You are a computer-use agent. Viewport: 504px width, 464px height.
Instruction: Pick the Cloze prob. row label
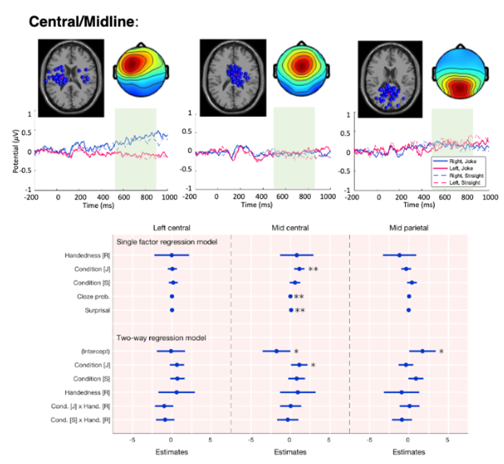pyautogui.click(x=94, y=296)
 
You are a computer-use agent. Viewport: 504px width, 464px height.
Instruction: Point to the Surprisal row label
pyautogui.click(x=98, y=310)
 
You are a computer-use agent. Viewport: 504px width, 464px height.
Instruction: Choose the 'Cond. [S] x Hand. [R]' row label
pyautogui.click(x=80, y=420)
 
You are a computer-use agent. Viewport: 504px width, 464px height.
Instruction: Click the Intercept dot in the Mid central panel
pyautogui.click(x=277, y=351)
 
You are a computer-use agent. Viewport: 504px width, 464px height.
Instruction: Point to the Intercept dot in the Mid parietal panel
pyautogui.click(x=422, y=351)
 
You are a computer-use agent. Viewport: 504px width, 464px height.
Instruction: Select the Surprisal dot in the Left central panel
pyautogui.click(x=172, y=310)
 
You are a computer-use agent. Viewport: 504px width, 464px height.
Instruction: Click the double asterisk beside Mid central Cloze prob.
pyautogui.click(x=299, y=297)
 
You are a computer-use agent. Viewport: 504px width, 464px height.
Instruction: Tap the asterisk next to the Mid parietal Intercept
pyautogui.click(x=441, y=351)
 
